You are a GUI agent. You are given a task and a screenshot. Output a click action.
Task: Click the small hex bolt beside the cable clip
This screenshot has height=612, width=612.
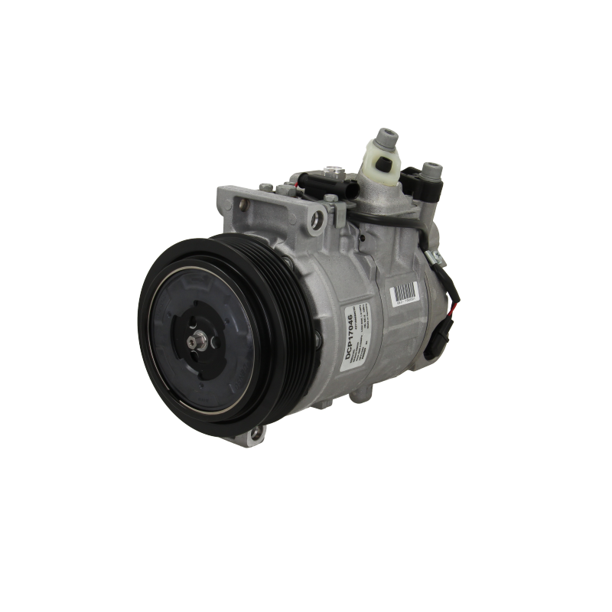[330, 199]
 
